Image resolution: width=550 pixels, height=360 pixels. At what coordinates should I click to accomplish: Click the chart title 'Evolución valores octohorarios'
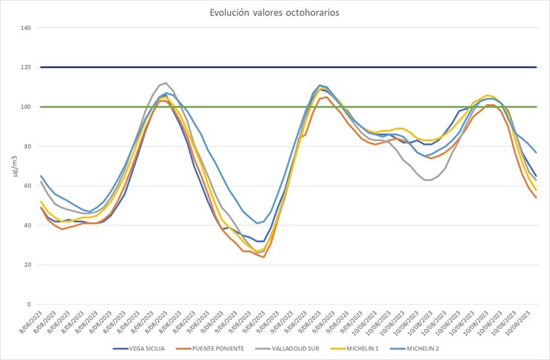coord(275,12)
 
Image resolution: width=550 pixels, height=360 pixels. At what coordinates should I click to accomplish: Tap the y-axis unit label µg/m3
coord(14,166)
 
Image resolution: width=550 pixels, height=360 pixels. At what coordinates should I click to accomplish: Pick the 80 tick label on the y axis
coord(27,146)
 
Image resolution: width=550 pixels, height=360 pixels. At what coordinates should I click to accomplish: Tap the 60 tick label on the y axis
coord(27,186)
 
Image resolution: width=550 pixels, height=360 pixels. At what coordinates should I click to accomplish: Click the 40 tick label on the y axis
coord(27,225)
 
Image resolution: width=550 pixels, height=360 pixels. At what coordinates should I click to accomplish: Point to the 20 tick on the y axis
coord(27,265)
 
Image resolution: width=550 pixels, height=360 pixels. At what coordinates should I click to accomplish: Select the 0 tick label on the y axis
coord(29,304)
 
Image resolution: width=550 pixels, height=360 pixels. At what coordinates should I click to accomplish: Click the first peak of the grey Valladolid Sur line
coord(166,83)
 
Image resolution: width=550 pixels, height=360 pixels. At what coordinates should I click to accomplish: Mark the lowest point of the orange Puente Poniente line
coord(263,257)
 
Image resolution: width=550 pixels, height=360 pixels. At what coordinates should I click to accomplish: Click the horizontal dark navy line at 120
coord(292,67)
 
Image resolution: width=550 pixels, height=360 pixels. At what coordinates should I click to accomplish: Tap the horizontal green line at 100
coord(292,107)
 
